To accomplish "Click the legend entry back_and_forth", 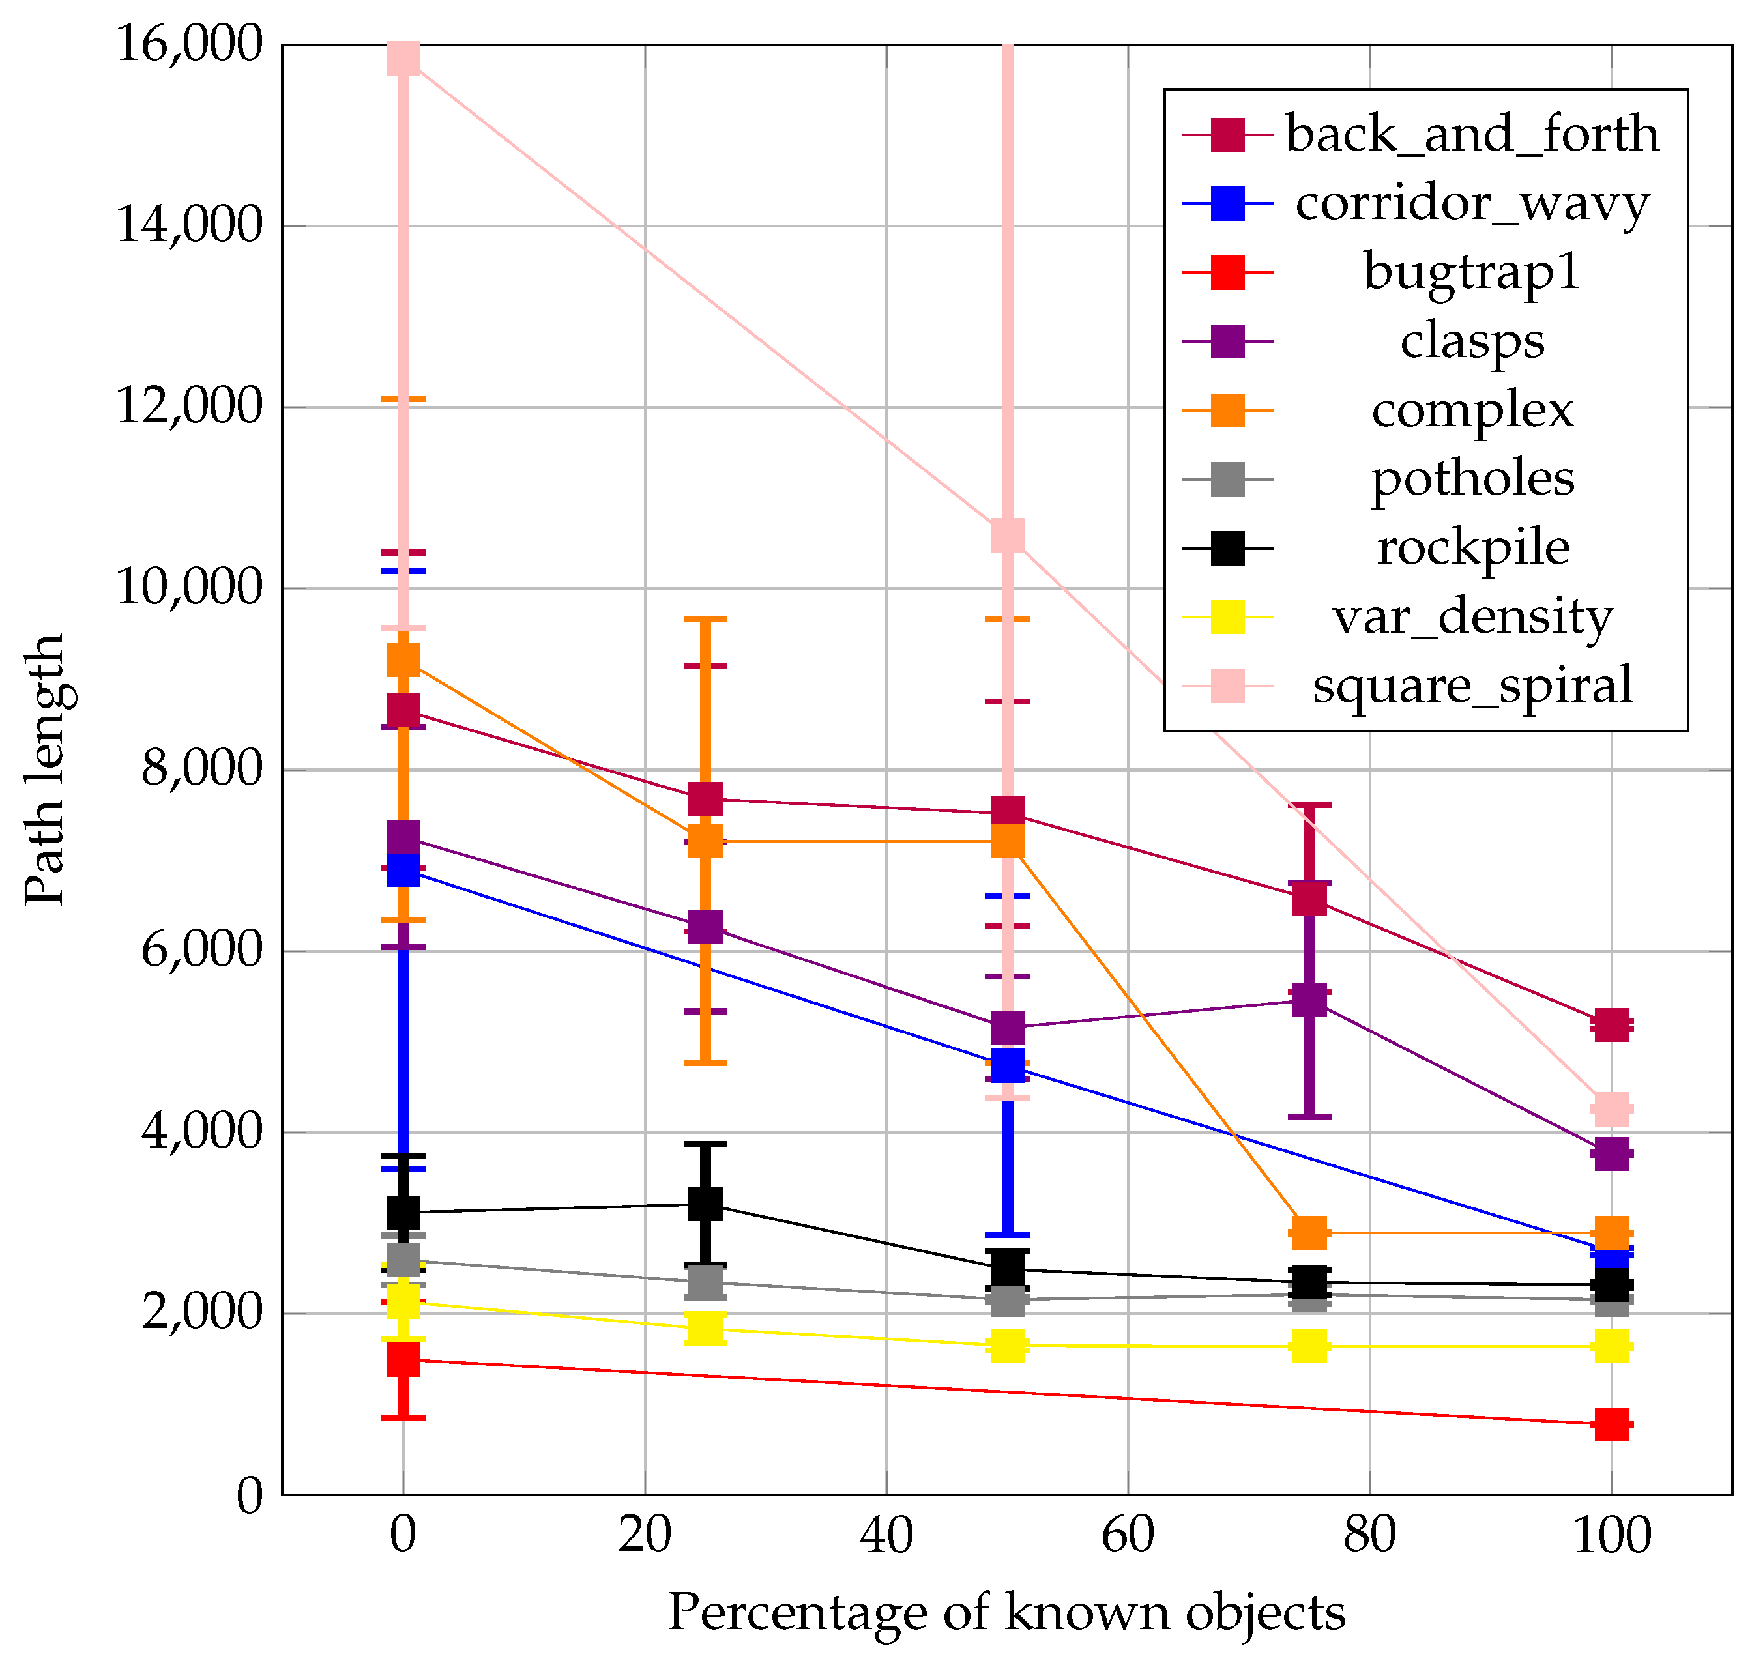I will click(1471, 135).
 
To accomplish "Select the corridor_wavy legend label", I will click(1471, 204).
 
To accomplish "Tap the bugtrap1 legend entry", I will click(1471, 272).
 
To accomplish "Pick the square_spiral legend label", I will click(1471, 686).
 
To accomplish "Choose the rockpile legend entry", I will click(1471, 548).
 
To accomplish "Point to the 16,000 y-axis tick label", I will click(190, 44).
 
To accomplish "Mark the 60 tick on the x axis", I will click(1127, 1535).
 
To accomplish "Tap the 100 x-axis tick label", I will click(1611, 1535).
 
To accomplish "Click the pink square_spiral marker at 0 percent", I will click(403, 59).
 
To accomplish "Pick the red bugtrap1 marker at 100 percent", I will click(1611, 1424).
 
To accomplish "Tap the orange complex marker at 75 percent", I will click(1309, 1232).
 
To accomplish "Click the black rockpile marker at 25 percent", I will click(705, 1204).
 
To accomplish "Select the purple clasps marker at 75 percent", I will click(1309, 1000).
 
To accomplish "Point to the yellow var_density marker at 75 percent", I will click(1309, 1347).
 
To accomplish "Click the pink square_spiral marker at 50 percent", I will click(1007, 535).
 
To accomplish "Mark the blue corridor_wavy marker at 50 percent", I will click(1007, 1066).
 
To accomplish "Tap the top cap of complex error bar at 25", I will click(705, 620).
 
